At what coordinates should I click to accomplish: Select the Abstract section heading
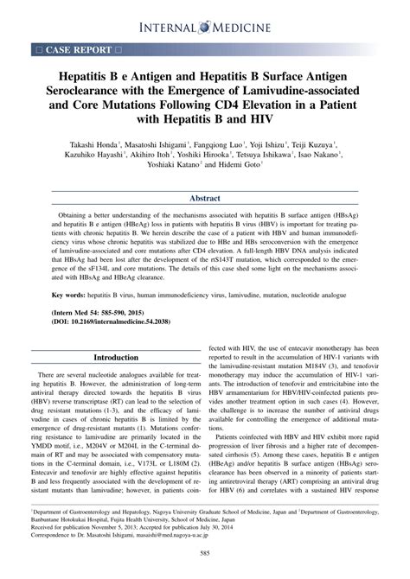205,197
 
